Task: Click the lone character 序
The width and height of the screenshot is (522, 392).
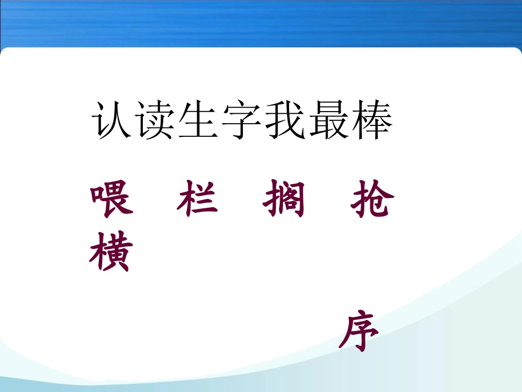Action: click(x=359, y=330)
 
